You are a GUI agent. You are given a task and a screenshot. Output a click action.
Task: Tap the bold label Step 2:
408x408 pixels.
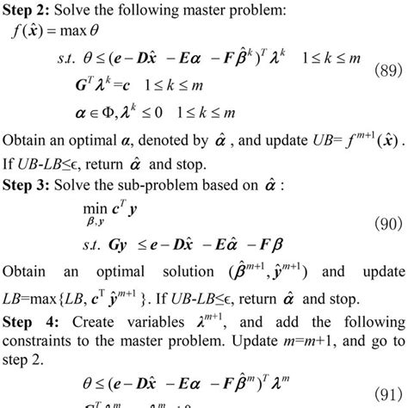pyautogui.click(x=30, y=10)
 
